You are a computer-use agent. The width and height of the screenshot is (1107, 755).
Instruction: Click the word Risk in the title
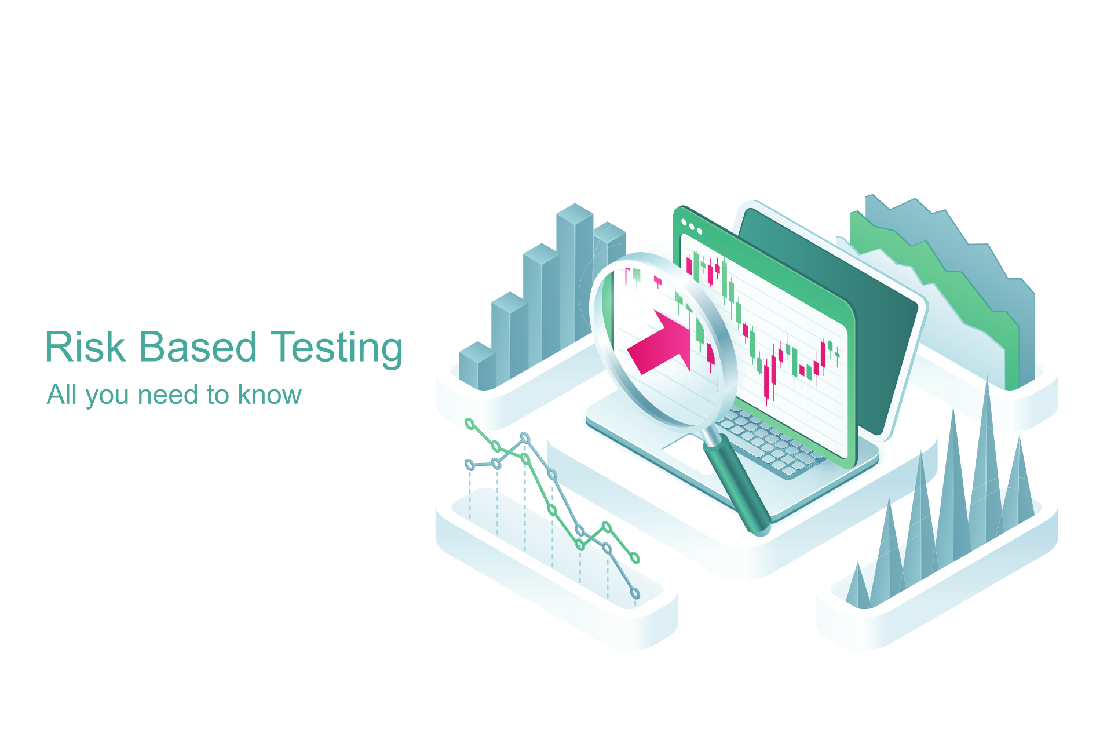pyautogui.click(x=85, y=347)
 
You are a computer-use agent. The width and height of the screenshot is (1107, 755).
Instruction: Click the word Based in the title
pyautogui.click(x=198, y=347)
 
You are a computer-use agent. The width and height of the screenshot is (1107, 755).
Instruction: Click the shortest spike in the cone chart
pyautogui.click(x=858, y=588)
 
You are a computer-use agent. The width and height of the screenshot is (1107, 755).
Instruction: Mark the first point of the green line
pyautogui.click(x=470, y=424)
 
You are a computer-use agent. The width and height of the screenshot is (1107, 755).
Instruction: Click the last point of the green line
pyautogui.click(x=635, y=558)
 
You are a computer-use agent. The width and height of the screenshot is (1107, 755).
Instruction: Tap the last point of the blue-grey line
pyautogui.click(x=635, y=593)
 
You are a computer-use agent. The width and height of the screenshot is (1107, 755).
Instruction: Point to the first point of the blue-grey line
pyautogui.click(x=470, y=465)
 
